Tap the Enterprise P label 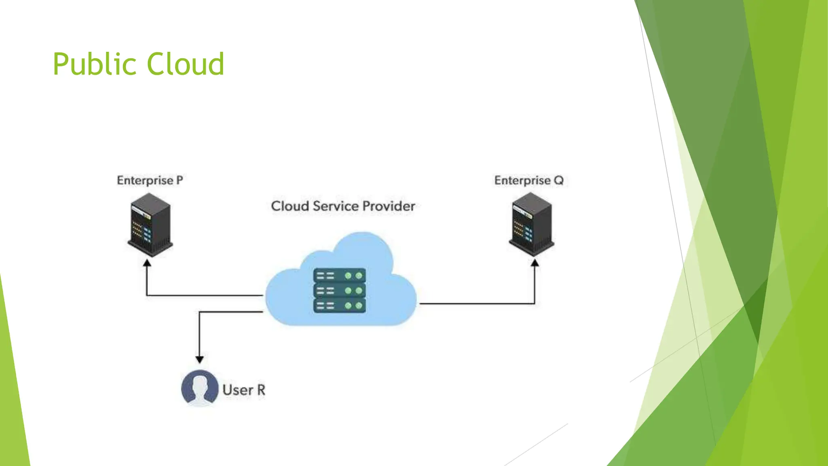150,180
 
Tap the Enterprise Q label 528,180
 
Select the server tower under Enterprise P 150,225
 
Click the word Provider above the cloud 389,206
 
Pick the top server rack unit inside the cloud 340,276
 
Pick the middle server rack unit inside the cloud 340,291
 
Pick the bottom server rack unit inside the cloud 340,305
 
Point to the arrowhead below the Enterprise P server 147,263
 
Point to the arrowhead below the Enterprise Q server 534,263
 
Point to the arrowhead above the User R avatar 199,359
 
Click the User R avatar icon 200,388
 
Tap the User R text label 244,390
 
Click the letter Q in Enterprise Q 558,180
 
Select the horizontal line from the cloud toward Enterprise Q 477,303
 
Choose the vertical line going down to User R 199,334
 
